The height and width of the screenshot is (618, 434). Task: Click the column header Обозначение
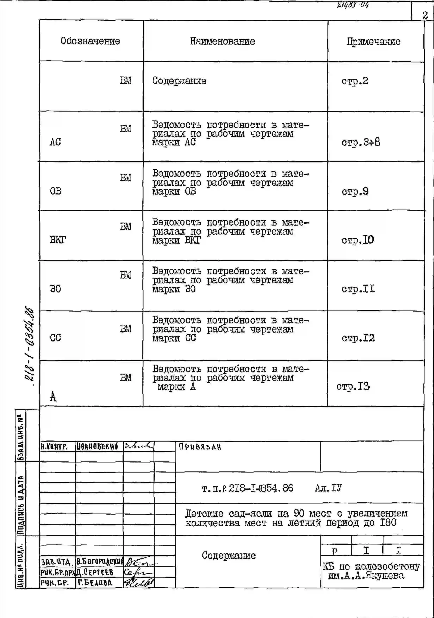pyautogui.click(x=90, y=41)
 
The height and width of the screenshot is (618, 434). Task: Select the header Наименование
pyautogui.click(x=222, y=41)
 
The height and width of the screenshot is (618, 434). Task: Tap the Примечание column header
pyautogui.click(x=373, y=42)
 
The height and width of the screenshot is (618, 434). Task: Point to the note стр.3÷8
pyautogui.click(x=361, y=142)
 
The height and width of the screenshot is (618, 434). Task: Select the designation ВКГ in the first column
pyautogui.click(x=58, y=240)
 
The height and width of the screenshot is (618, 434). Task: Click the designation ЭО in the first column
pyautogui.click(x=55, y=289)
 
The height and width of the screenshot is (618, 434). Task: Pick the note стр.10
pyautogui.click(x=358, y=240)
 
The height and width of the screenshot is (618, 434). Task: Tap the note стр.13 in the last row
pyautogui.click(x=353, y=386)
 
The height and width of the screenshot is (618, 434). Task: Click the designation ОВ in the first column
pyautogui.click(x=55, y=191)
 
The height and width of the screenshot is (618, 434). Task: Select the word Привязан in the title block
pyautogui.click(x=200, y=447)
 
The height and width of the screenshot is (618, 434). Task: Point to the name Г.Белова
pyautogui.click(x=95, y=583)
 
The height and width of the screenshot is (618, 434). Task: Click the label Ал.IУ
pyautogui.click(x=328, y=488)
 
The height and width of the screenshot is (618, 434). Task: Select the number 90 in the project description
pyautogui.click(x=299, y=513)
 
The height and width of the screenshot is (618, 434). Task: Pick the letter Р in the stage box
pyautogui.click(x=335, y=551)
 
